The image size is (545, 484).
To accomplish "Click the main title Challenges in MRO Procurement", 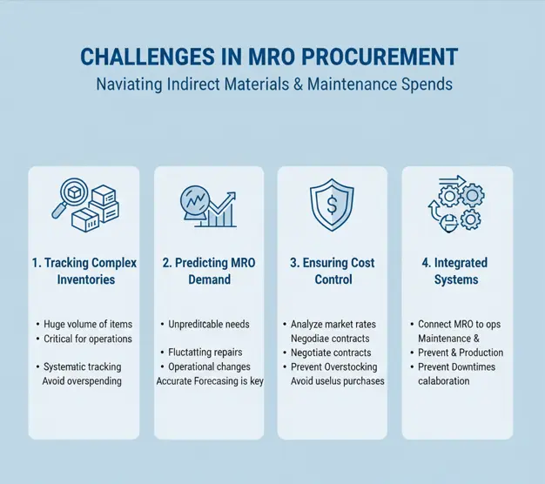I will click(x=269, y=57).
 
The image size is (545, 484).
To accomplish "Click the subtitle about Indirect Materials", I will click(x=269, y=86).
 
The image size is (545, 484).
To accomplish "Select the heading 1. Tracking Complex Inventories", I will click(x=84, y=271).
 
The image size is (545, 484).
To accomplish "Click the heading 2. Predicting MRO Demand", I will click(x=209, y=271).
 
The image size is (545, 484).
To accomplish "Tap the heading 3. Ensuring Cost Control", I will click(x=333, y=271).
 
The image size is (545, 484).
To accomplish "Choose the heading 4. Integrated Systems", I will click(x=456, y=271).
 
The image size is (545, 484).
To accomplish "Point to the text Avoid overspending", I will click(x=82, y=381).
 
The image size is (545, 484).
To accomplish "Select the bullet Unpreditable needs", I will click(x=208, y=324).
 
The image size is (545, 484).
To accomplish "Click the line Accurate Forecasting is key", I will click(x=209, y=381).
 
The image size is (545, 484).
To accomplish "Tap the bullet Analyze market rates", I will click(x=335, y=324).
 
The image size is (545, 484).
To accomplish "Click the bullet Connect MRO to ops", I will click(x=459, y=324).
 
